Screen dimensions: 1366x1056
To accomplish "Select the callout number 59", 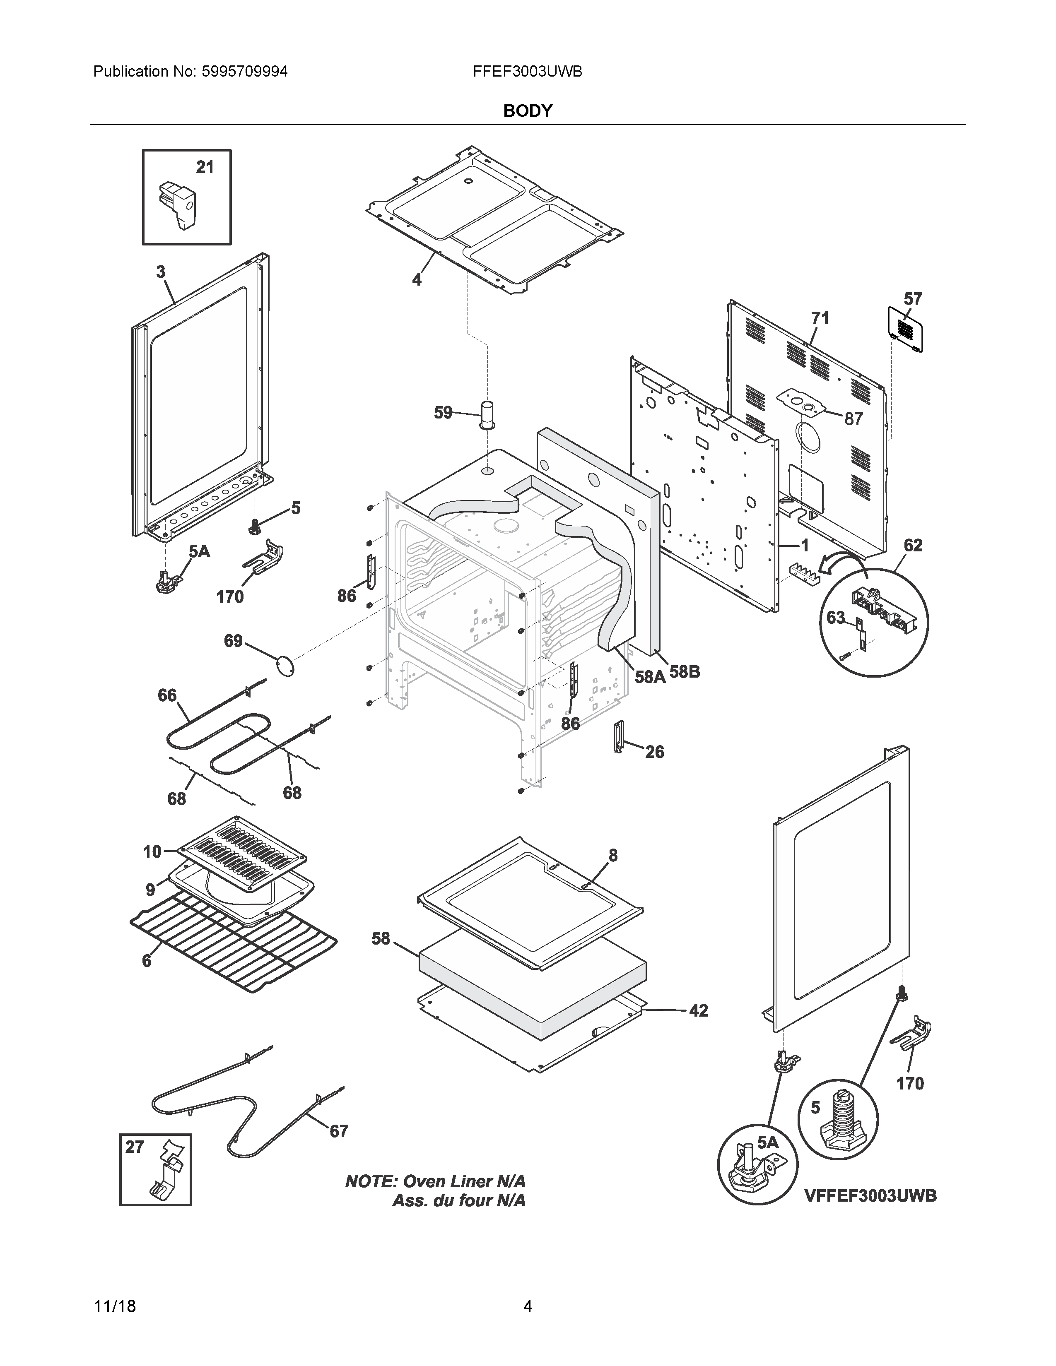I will click(x=443, y=412).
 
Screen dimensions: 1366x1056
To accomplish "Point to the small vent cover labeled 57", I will click(x=905, y=328).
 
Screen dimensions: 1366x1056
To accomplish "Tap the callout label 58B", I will click(x=685, y=672).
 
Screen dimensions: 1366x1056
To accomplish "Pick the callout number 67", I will click(x=338, y=1131).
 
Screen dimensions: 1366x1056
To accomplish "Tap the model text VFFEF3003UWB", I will click(x=870, y=1195).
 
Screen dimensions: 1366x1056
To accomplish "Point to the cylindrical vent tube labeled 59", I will click(x=487, y=415).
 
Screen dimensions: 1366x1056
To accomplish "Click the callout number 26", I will click(x=654, y=751).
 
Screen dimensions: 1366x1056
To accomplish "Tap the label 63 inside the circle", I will click(x=836, y=617).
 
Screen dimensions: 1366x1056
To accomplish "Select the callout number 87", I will click(x=853, y=418).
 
